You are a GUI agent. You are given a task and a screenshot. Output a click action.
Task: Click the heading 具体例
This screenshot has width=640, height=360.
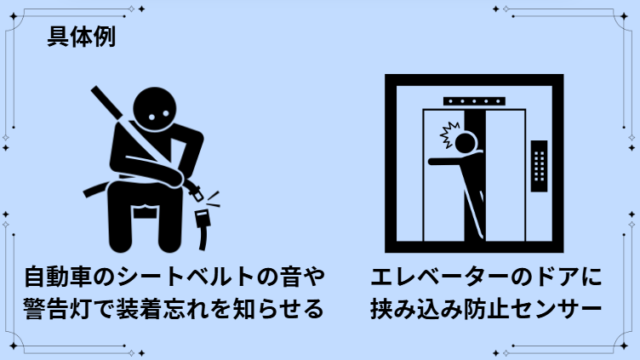pos(82,37)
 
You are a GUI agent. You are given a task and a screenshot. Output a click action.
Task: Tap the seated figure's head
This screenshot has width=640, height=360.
pos(155,109)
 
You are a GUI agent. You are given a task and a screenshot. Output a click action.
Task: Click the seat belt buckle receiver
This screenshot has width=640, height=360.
pos(203,229)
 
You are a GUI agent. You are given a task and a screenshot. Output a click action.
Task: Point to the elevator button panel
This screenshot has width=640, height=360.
pos(539,166)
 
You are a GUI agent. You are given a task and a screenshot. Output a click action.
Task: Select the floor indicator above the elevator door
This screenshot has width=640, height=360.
pos(474,101)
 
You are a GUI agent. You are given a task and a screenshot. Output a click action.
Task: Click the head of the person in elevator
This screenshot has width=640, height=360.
pos(466,143)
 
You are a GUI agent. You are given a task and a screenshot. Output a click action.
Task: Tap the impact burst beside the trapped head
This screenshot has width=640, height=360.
pos(449,134)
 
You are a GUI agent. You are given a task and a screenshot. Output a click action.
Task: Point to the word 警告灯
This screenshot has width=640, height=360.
pos(57,309)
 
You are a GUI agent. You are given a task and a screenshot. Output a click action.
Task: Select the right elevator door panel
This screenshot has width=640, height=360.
pos(505,175)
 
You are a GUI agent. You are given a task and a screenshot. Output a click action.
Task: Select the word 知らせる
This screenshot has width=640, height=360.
pos(279,309)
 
